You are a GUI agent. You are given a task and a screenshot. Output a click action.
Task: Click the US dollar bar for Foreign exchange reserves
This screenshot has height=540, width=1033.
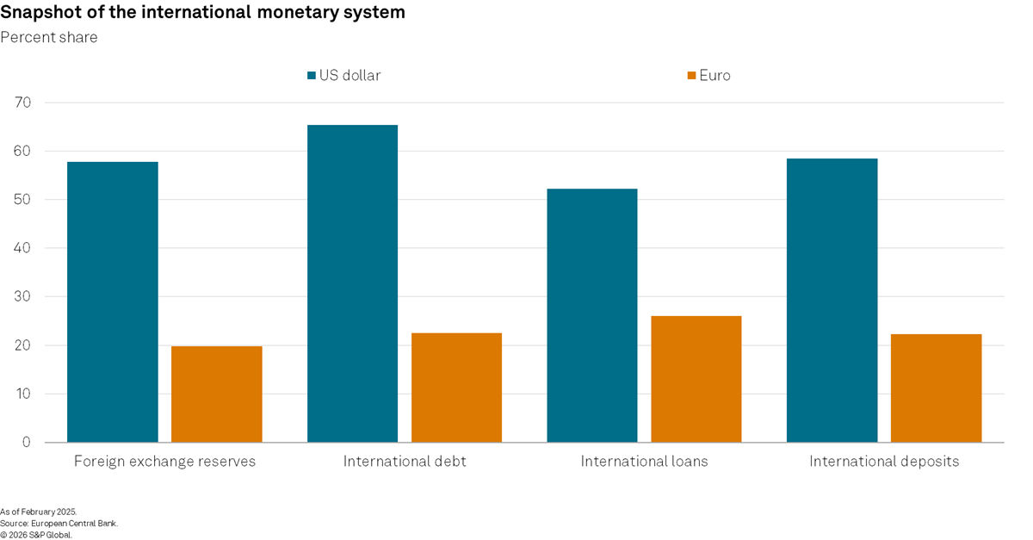[x=112, y=301]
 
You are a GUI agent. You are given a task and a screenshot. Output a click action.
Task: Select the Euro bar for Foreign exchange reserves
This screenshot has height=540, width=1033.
[x=216, y=394]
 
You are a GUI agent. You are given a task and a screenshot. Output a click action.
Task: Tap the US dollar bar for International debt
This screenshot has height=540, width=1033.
[x=352, y=283]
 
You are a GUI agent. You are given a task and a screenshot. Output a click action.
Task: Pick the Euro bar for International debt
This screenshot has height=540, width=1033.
[x=456, y=388]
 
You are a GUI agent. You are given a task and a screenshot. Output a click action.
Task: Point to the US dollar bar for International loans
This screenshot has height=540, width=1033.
[x=592, y=315]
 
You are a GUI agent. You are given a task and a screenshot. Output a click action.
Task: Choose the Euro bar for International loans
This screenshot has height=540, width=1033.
[x=696, y=379]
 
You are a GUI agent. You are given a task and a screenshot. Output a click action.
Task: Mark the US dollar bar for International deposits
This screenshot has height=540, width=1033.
[x=832, y=300]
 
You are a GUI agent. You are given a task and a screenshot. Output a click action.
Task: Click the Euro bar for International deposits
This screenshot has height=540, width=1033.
[x=936, y=388]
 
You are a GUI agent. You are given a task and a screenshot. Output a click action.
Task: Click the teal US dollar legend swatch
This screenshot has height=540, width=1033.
[x=312, y=76]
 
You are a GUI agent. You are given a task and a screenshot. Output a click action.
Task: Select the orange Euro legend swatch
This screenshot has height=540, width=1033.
[x=690, y=76]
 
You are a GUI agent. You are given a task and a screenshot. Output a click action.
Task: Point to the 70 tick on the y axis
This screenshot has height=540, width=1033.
[x=23, y=102]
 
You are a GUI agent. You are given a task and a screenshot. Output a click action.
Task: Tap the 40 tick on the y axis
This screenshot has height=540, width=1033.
[x=23, y=248]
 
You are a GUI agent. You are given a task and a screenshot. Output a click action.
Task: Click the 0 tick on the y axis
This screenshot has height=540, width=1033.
[x=27, y=443]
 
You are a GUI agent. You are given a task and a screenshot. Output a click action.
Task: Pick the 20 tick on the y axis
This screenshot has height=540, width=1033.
[x=23, y=345]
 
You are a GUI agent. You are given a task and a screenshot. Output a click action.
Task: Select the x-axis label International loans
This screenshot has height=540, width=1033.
[x=644, y=462]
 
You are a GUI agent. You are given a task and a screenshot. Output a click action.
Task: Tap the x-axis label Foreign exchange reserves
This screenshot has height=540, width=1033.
[x=164, y=462]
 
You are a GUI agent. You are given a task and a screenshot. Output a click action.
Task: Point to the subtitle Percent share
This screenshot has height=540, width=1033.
[x=49, y=37]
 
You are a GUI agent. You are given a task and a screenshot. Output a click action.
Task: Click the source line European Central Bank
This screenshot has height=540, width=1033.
[x=74, y=523]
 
